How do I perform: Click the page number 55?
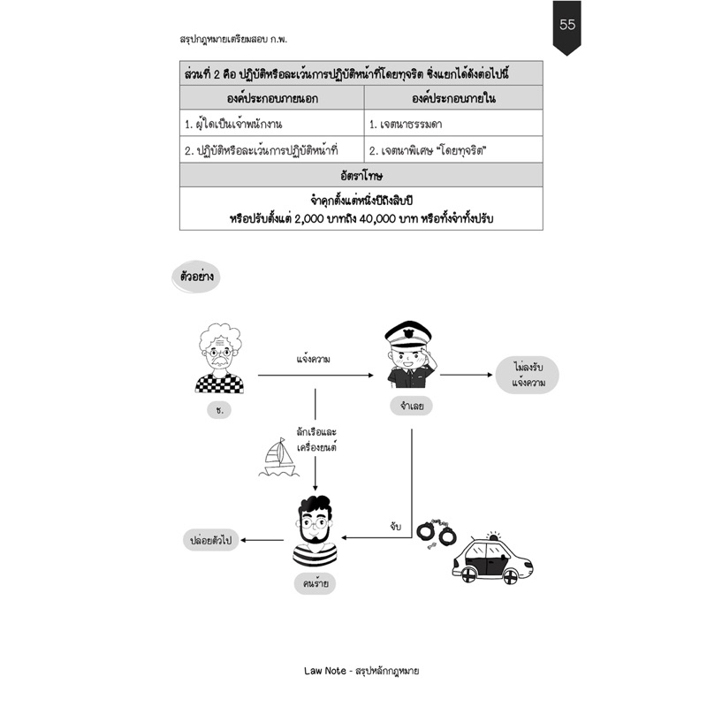tap(566, 24)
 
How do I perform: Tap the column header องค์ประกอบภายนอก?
tap(272, 98)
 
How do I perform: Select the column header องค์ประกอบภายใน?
tap(453, 98)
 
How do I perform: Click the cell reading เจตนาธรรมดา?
tap(406, 124)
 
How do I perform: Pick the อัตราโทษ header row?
tap(361, 175)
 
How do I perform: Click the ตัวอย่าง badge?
tap(196, 277)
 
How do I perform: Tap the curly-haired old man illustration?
tap(219, 359)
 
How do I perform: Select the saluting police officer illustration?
tap(408, 354)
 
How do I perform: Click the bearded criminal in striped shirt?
tap(315, 530)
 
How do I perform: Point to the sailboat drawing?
tap(278, 458)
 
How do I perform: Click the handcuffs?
tap(436, 534)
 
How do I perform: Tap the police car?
tap(492, 559)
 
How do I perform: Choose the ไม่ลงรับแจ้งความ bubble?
tap(527, 375)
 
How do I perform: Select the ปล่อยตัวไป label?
tap(210, 540)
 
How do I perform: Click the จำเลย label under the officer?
tap(411, 406)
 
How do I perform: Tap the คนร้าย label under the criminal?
tap(315, 584)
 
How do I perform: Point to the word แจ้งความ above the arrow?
tap(314, 360)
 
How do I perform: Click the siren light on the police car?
tap(494, 536)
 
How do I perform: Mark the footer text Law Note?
tap(324, 671)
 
